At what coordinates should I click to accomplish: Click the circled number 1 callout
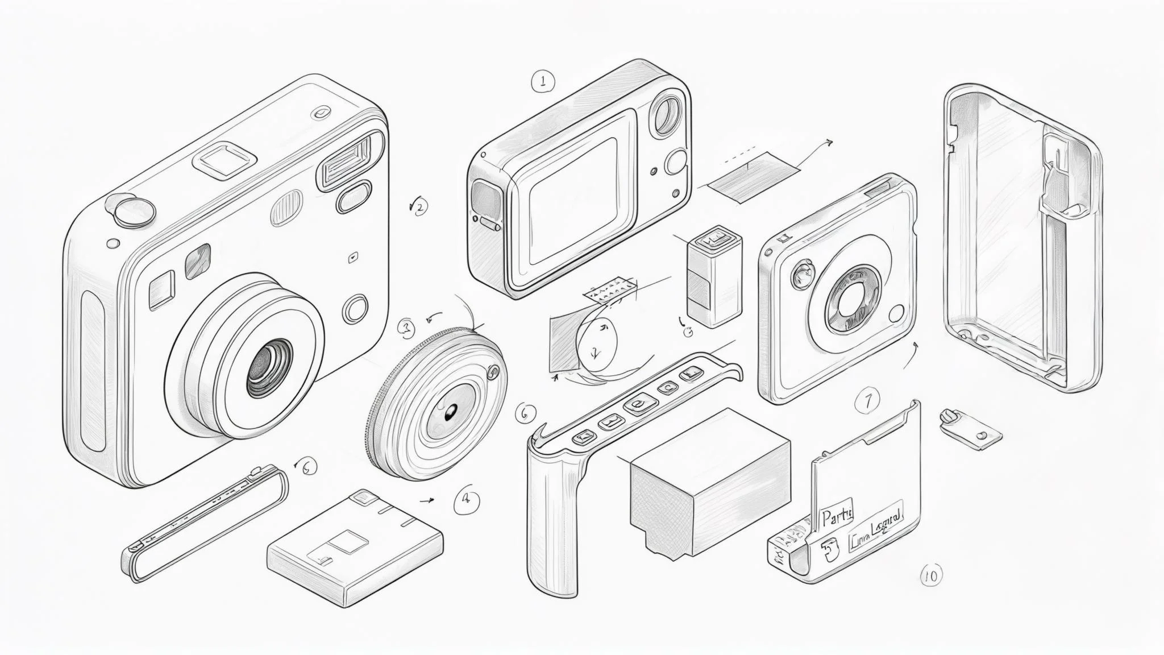[543, 81]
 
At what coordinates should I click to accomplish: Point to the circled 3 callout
[406, 327]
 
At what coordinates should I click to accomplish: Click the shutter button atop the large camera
[135, 209]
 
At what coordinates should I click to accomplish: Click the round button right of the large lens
[356, 309]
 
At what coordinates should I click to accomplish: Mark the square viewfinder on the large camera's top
[223, 157]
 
